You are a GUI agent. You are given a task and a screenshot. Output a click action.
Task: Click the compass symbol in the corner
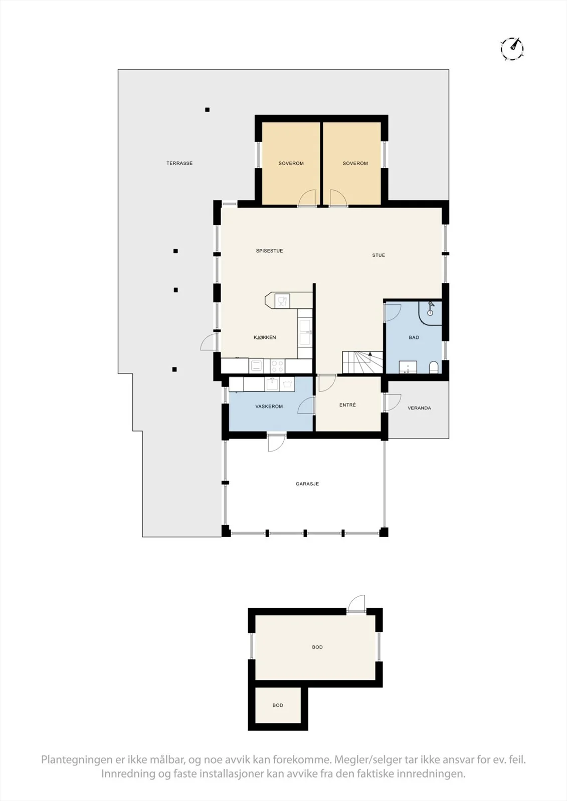tap(512, 48)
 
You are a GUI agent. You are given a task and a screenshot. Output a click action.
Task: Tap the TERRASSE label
tap(179, 163)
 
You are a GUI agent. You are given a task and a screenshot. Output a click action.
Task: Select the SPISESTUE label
tap(269, 251)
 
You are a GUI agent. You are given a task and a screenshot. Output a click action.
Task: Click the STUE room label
tap(379, 255)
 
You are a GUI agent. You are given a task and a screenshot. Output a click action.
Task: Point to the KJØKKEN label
tap(265, 337)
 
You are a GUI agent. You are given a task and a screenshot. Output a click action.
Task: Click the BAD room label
tap(414, 337)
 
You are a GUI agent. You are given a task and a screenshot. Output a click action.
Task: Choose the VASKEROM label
tap(269, 406)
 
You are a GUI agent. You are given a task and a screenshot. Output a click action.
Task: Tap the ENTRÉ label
tap(347, 405)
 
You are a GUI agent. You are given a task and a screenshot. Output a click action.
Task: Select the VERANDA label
tap(419, 408)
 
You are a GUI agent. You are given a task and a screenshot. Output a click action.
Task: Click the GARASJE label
tap(307, 484)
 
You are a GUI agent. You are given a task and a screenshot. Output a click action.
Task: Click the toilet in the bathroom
tap(434, 367)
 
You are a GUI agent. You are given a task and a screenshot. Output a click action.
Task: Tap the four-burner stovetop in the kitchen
tap(277, 366)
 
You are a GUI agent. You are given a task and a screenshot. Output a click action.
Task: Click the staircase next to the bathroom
tap(362, 362)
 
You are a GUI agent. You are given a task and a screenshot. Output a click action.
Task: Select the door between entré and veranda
tap(393, 403)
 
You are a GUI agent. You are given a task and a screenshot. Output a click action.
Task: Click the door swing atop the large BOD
tap(356, 604)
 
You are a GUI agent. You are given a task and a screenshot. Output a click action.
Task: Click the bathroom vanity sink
tap(408, 367)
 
